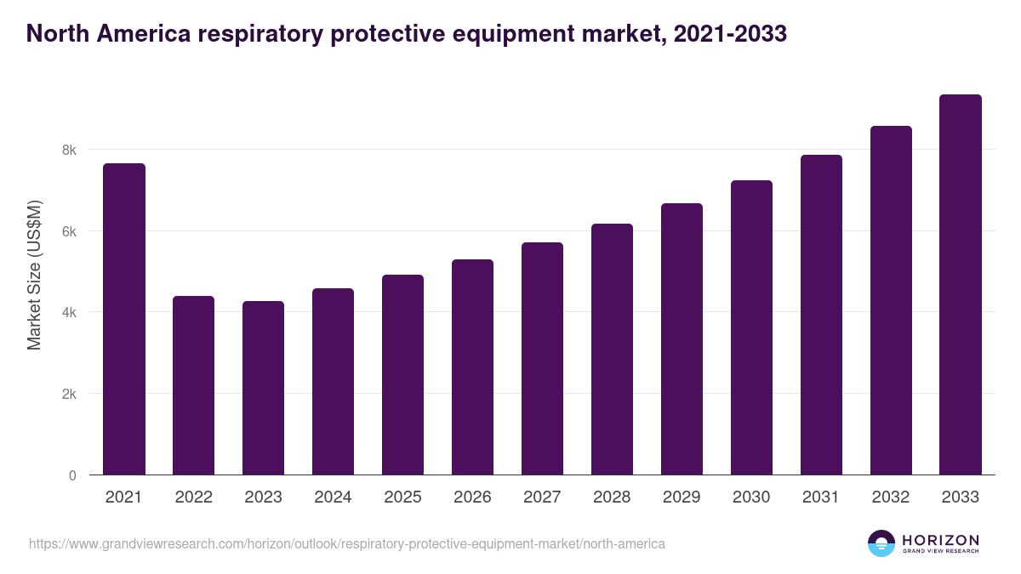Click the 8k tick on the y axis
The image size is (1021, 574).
click(x=69, y=150)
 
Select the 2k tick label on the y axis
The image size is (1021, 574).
click(x=69, y=394)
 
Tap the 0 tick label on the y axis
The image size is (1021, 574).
click(x=72, y=475)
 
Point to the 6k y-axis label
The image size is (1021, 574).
click(x=69, y=231)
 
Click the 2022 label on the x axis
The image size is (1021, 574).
click(x=193, y=497)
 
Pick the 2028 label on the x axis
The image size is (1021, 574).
click(x=612, y=497)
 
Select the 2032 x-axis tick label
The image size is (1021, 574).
click(x=891, y=497)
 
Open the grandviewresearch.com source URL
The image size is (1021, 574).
click(x=347, y=543)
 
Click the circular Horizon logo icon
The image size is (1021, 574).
click(x=881, y=543)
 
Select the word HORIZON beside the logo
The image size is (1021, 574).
click(x=940, y=540)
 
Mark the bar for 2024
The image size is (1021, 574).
click(x=333, y=382)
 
